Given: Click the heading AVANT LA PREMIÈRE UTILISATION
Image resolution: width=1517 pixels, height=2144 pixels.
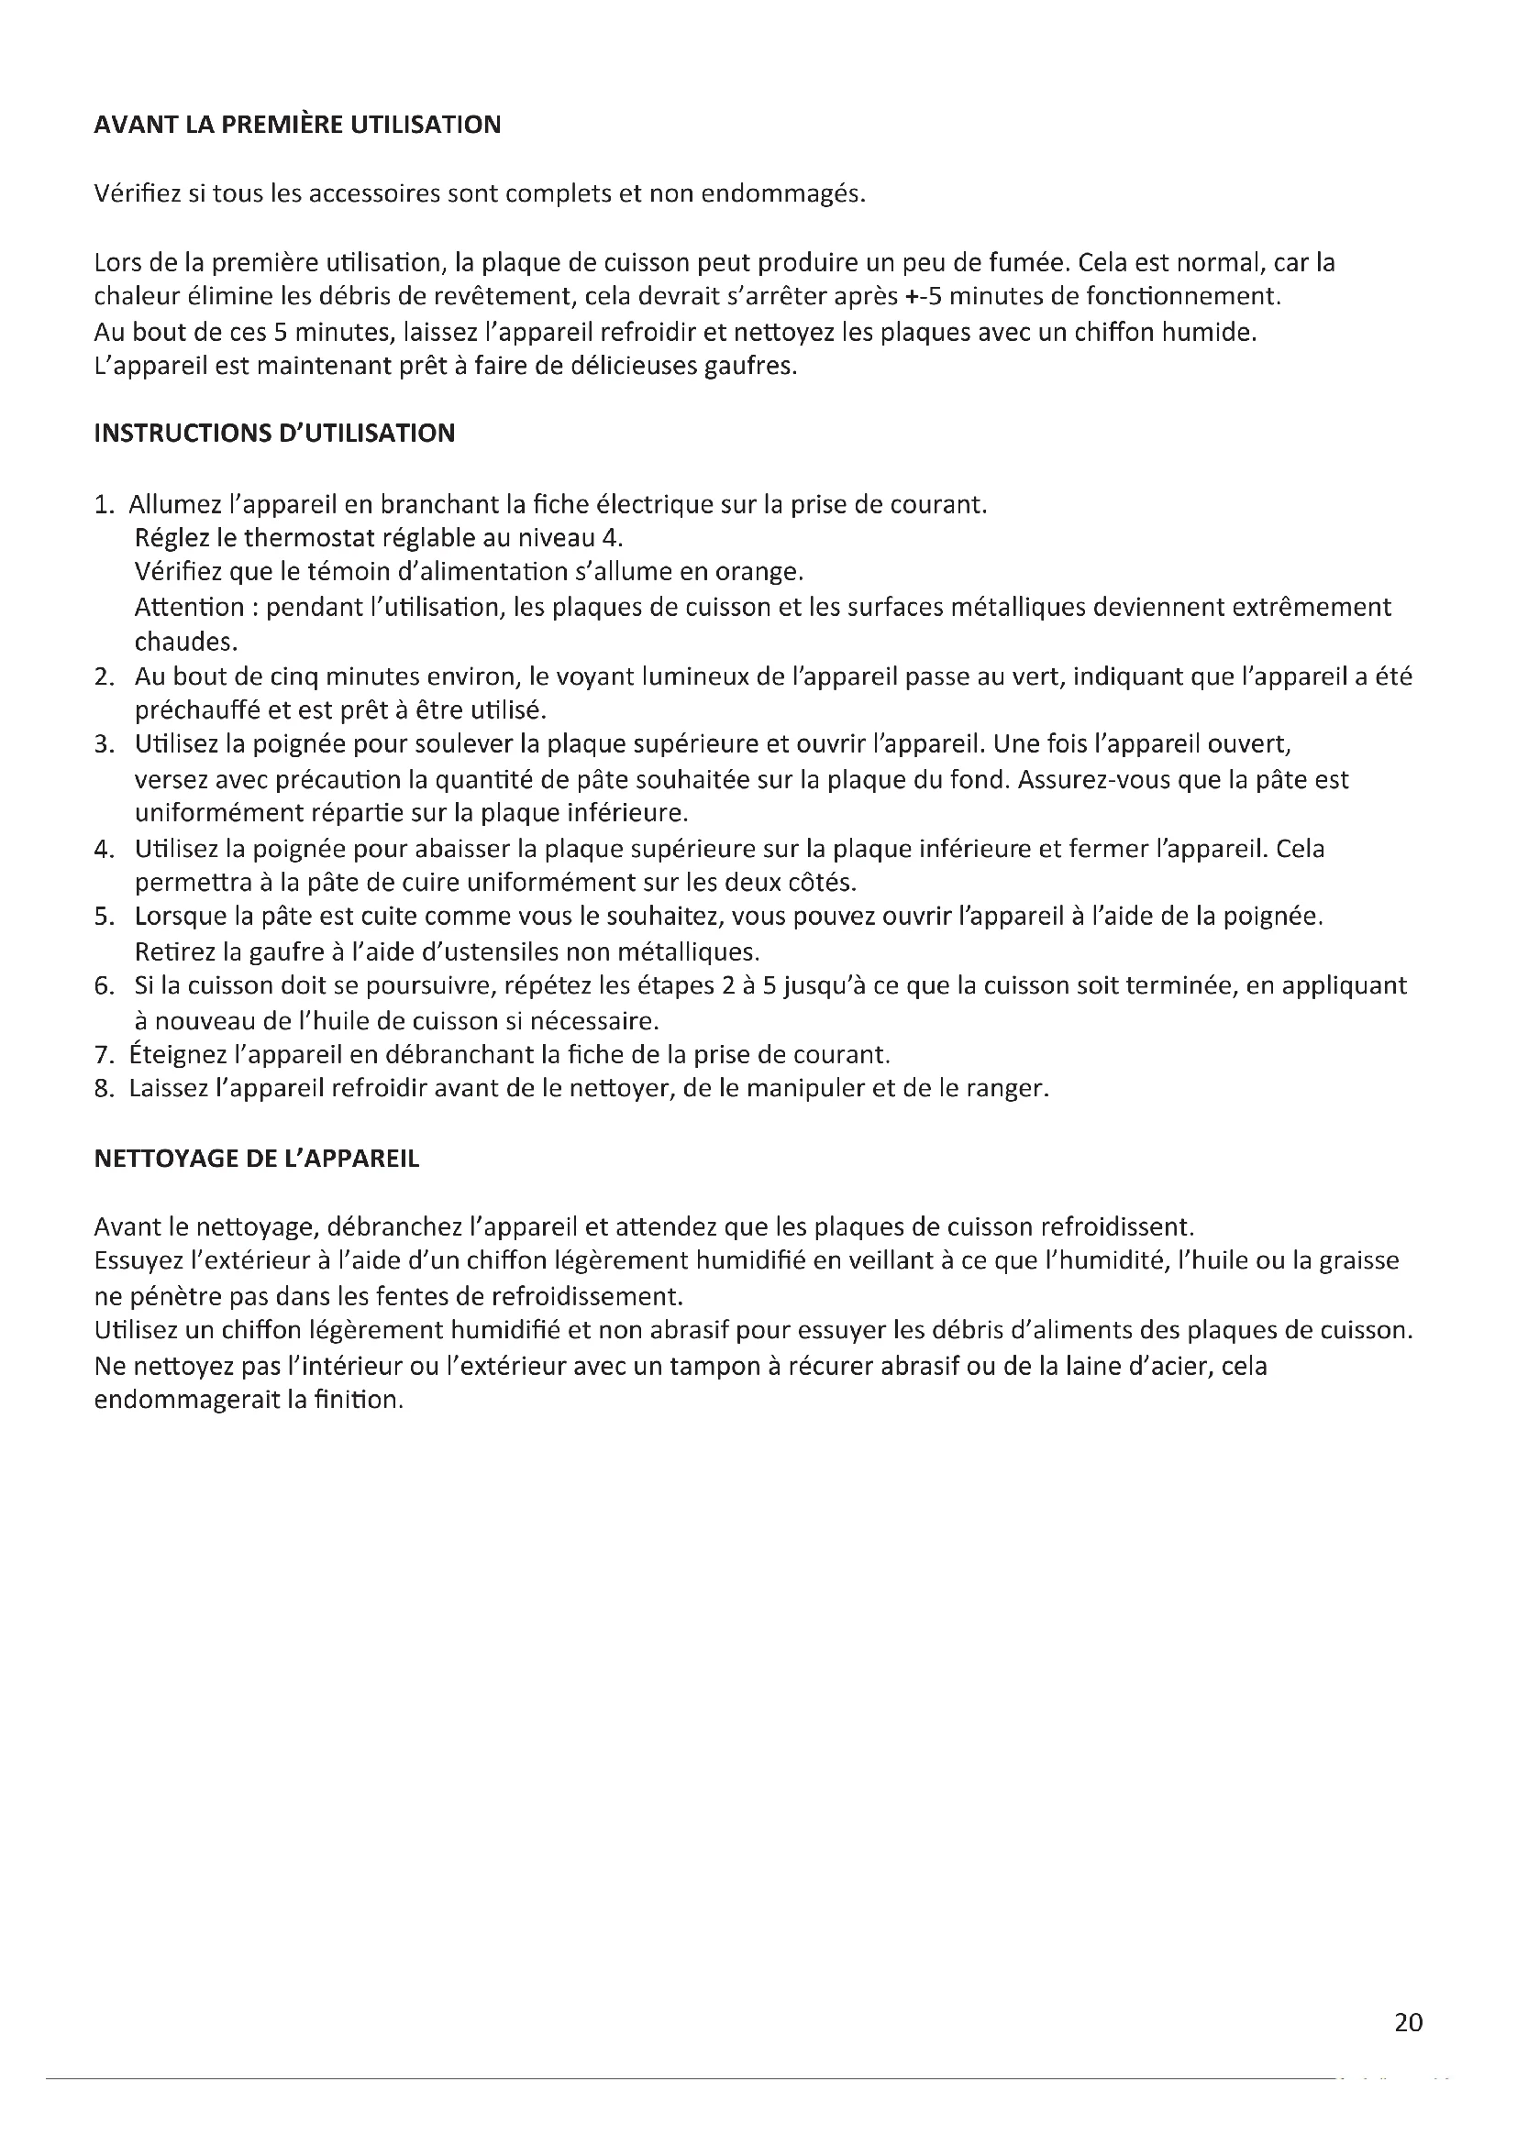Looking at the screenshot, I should point(297,126).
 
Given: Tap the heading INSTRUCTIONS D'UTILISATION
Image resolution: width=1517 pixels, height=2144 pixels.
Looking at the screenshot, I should point(274,434).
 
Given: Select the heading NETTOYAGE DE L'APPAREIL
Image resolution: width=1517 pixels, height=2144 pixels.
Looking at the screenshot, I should point(257,1159).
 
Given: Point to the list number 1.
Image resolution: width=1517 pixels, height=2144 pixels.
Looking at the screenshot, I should point(102,505).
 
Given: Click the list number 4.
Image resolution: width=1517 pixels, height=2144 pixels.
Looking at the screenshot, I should point(103,849).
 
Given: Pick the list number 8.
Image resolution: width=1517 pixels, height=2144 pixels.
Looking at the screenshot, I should point(103,1089).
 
